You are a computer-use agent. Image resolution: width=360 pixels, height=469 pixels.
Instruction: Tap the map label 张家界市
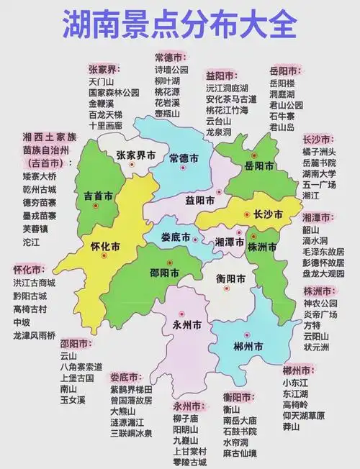(x=137, y=155)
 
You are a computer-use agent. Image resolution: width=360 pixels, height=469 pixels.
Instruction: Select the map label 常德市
(x=183, y=158)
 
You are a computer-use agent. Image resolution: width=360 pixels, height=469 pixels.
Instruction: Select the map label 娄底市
(x=176, y=237)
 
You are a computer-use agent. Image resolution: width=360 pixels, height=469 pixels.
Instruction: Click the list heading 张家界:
(x=104, y=69)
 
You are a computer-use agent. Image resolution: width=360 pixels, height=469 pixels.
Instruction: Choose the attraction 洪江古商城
(x=34, y=283)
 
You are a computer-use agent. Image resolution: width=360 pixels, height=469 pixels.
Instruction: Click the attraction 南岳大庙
(x=240, y=419)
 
